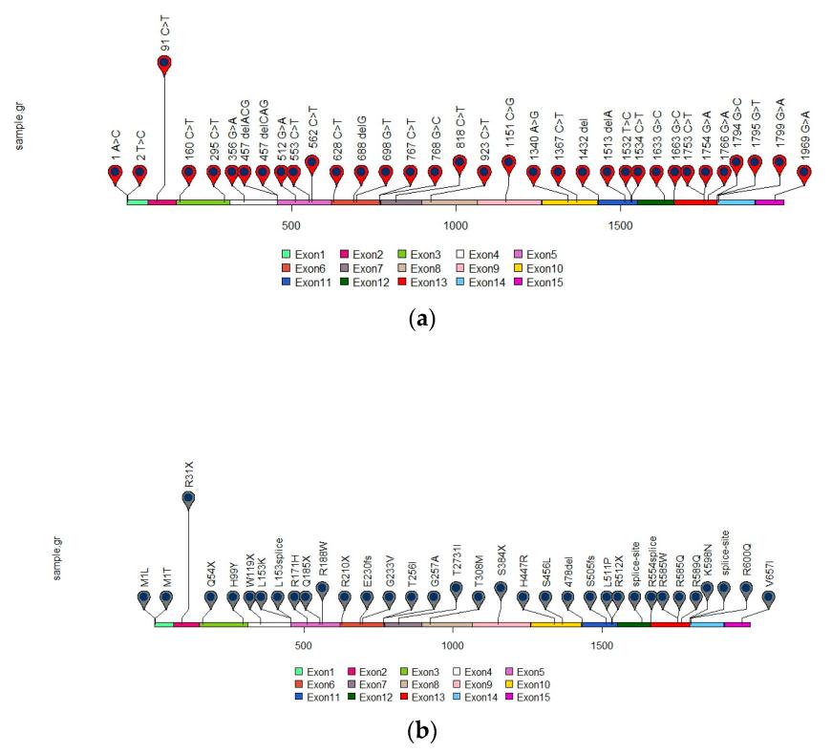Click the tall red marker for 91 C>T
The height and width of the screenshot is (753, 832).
pyautogui.click(x=164, y=64)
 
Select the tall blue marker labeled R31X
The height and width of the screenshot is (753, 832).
pyautogui.click(x=188, y=498)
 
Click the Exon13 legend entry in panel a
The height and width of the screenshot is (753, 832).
pyautogui.click(x=420, y=282)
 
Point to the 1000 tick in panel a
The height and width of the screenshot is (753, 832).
pyautogui.click(x=455, y=225)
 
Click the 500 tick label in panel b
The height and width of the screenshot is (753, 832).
pyautogui.click(x=304, y=645)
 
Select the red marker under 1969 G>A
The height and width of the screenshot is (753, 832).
pyautogui.click(x=804, y=174)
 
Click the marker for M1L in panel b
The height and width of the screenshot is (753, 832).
pyautogui.click(x=143, y=598)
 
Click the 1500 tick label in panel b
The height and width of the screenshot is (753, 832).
pyautogui.click(x=603, y=645)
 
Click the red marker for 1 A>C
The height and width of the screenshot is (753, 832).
pyautogui.click(x=116, y=174)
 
